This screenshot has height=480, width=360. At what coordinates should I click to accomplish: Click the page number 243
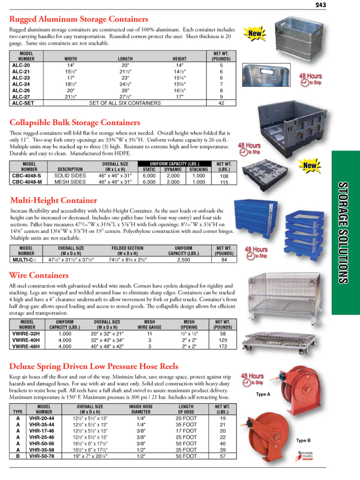[x=320, y=5]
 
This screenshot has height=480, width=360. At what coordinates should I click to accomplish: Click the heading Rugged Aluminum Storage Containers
[x=78, y=19]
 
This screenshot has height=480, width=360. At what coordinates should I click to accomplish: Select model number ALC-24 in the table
[x=21, y=84]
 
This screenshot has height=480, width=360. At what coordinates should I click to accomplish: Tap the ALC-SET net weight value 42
[x=221, y=103]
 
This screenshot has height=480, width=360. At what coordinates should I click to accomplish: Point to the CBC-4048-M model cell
[x=27, y=182]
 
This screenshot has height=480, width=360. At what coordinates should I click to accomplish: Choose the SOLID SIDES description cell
[x=70, y=176]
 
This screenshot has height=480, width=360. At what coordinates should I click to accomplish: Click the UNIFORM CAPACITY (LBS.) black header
[x=174, y=163]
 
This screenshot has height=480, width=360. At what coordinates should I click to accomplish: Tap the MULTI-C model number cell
[x=24, y=260]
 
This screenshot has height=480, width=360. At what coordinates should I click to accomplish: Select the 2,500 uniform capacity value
[x=183, y=260]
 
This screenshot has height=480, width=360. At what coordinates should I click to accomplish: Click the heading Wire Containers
[x=39, y=275]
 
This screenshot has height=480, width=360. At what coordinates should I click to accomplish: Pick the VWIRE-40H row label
[x=26, y=340]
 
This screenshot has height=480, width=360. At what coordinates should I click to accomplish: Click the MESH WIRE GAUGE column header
[x=149, y=324]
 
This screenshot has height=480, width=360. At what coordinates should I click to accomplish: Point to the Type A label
[x=263, y=394]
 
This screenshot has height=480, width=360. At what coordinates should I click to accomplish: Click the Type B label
[x=303, y=440]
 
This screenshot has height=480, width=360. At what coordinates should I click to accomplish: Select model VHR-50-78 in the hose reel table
[x=42, y=456]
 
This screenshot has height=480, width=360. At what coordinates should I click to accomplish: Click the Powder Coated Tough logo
[x=305, y=456]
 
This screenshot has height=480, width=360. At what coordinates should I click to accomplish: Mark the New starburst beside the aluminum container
[x=255, y=34]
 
